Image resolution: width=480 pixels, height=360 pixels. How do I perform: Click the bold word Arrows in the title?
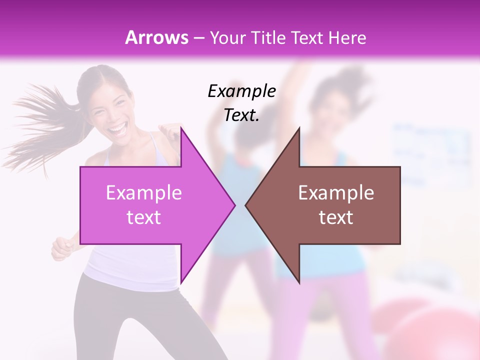tap(157, 37)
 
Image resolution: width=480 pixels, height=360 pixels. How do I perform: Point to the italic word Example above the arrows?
tap(241, 91)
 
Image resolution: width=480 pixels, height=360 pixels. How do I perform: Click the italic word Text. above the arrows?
tap(241, 115)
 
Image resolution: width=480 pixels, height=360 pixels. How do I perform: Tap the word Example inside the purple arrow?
tap(144, 193)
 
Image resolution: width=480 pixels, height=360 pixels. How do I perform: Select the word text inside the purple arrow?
tap(144, 217)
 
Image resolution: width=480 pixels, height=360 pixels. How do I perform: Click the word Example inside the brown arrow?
tap(336, 193)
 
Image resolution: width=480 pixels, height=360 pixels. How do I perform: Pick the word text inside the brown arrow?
tap(336, 217)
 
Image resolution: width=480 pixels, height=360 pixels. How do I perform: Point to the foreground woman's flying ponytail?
tap(35, 125)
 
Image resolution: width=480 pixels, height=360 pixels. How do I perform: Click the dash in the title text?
tap(198, 38)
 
